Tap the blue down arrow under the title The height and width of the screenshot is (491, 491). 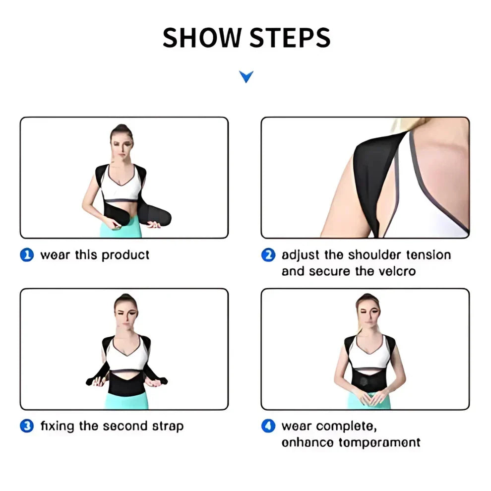pyautogui.click(x=246, y=76)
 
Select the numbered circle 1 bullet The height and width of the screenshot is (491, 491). pyautogui.click(x=27, y=255)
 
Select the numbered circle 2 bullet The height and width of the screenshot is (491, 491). pyautogui.click(x=268, y=255)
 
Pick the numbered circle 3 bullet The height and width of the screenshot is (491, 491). pyautogui.click(x=27, y=426)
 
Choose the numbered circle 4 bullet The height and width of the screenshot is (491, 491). pyautogui.click(x=268, y=426)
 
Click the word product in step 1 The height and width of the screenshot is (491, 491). pyautogui.click(x=125, y=255)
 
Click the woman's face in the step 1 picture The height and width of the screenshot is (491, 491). pyautogui.click(x=121, y=146)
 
